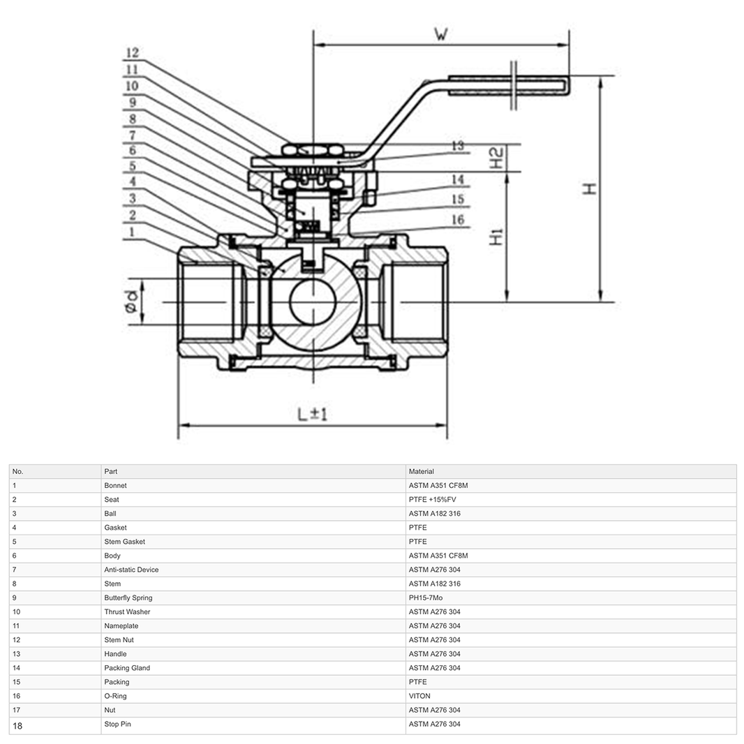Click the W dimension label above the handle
[440, 34]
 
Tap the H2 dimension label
[496, 158]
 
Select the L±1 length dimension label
[312, 414]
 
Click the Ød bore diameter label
[131, 302]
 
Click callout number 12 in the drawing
[132, 53]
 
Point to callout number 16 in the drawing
[457, 221]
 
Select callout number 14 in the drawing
[457, 180]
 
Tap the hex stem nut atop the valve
[312, 150]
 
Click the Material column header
[422, 472]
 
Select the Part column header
[110, 472]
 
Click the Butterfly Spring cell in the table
[128, 598]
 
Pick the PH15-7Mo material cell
[426, 598]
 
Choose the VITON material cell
[419, 696]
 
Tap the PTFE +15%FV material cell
[432, 500]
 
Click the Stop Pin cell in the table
[117, 724]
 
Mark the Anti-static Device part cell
[131, 570]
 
